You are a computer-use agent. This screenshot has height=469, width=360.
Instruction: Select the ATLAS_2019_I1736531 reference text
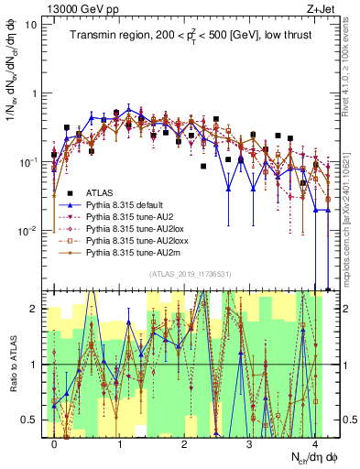184,275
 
